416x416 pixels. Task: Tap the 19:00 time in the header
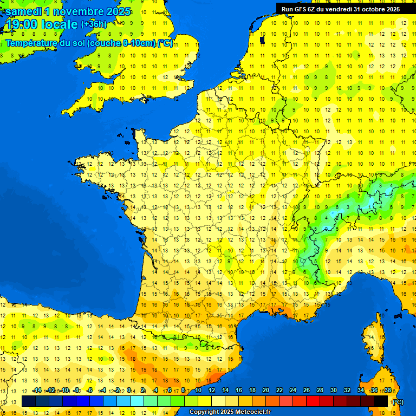click(22, 24)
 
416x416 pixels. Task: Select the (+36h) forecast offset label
click(94, 24)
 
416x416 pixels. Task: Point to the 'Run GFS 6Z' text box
click(339, 9)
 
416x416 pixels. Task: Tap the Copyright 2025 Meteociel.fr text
click(230, 412)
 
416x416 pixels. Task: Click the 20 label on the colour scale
click(266, 390)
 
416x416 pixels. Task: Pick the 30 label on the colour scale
click(334, 390)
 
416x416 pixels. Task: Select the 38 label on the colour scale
click(387, 390)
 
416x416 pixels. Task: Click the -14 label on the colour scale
click(37, 390)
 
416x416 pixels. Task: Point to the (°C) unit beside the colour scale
click(398, 401)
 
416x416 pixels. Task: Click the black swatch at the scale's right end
click(381, 401)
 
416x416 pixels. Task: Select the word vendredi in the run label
click(339, 9)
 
